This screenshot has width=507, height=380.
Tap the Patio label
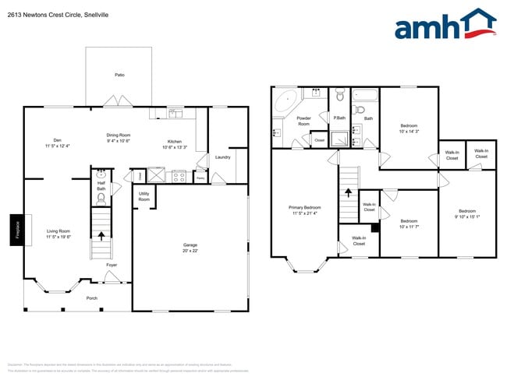tap(119, 75)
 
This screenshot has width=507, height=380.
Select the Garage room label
tap(190, 248)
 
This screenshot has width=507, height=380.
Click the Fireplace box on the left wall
tap(15, 231)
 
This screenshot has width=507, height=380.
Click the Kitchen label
tap(174, 143)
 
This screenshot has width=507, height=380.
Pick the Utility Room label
tap(144, 197)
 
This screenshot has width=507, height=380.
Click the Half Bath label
tap(101, 186)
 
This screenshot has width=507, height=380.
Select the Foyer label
tap(112, 266)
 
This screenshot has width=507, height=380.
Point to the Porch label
tap(91, 298)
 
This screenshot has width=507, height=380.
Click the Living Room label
tap(58, 234)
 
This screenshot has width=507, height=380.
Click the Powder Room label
tap(303, 121)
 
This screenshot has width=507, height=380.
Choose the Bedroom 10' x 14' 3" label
tap(409, 128)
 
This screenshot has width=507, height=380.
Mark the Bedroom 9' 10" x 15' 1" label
tap(467, 214)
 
